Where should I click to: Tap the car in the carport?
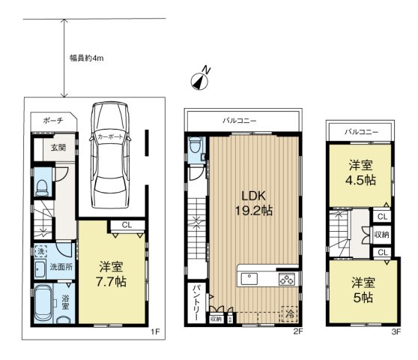point(110,154)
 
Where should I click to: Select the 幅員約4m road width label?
point(87,58)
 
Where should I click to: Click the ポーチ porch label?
point(53,121)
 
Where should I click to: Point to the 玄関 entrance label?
point(58,148)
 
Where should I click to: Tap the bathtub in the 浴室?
point(43,303)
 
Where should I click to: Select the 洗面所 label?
point(61,267)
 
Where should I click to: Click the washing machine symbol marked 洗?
point(40,251)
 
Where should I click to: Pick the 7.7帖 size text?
point(111,282)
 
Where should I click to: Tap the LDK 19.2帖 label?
point(253,203)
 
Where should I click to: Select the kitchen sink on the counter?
point(249,279)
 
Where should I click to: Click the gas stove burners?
point(287,280)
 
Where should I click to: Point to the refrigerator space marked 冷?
point(290,313)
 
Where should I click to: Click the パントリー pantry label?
point(197,302)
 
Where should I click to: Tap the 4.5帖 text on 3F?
point(360,181)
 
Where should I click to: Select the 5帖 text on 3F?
point(363,298)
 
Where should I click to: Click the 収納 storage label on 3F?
point(382,235)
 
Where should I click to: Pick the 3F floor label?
point(396,331)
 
